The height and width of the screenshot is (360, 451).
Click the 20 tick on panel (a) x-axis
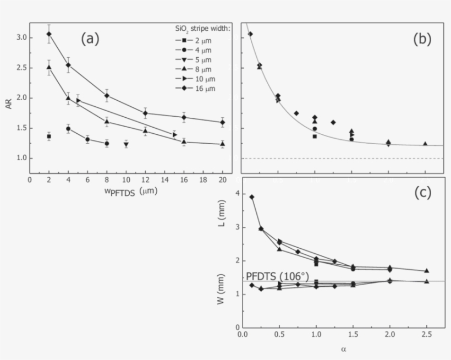point(222,180)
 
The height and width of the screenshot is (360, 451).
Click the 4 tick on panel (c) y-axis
point(237,193)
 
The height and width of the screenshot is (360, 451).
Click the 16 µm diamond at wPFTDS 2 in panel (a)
point(49,34)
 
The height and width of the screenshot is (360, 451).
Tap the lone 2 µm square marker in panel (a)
point(49,136)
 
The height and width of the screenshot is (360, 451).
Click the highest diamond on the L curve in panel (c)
point(252,197)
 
